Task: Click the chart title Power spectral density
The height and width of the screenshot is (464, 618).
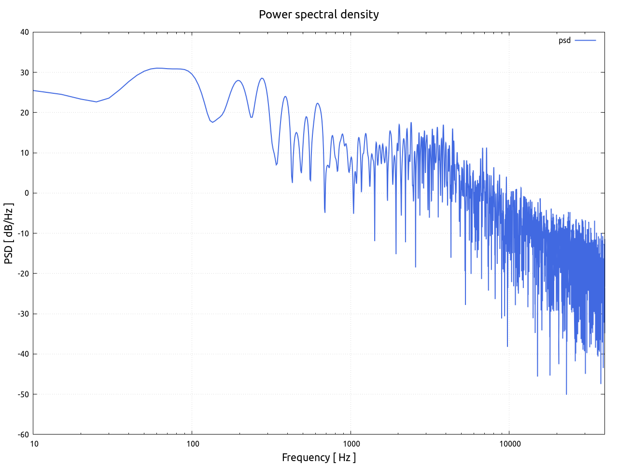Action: (x=319, y=14)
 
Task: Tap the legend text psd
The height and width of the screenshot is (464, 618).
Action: (x=564, y=41)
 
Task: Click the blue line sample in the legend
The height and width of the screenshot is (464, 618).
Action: (x=585, y=41)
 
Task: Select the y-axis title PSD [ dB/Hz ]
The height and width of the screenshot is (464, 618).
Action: (x=9, y=233)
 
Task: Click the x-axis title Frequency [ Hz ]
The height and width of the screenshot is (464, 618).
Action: (x=319, y=457)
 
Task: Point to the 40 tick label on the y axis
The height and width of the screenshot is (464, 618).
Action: (x=24, y=32)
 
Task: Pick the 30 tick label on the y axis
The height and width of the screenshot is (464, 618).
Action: (x=24, y=72)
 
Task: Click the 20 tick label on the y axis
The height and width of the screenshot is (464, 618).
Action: (x=24, y=113)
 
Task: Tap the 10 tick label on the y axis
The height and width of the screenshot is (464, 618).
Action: (x=24, y=153)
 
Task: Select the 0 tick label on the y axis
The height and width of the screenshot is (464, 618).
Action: (x=27, y=193)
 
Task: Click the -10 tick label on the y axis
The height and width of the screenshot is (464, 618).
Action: (x=23, y=233)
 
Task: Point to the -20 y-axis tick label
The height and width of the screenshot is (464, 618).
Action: (x=23, y=274)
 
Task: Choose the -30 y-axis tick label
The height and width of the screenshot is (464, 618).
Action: (x=23, y=314)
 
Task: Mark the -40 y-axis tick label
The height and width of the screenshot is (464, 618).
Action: (x=23, y=354)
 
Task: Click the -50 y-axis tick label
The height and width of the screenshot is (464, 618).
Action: (x=23, y=394)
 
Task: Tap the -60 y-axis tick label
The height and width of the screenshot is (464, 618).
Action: (x=23, y=435)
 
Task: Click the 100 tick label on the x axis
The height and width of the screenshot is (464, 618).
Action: (x=192, y=444)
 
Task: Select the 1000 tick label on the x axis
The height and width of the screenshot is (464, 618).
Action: (x=351, y=444)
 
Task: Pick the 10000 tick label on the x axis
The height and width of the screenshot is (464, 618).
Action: (x=510, y=444)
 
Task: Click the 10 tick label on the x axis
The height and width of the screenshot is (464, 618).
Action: (x=34, y=444)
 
